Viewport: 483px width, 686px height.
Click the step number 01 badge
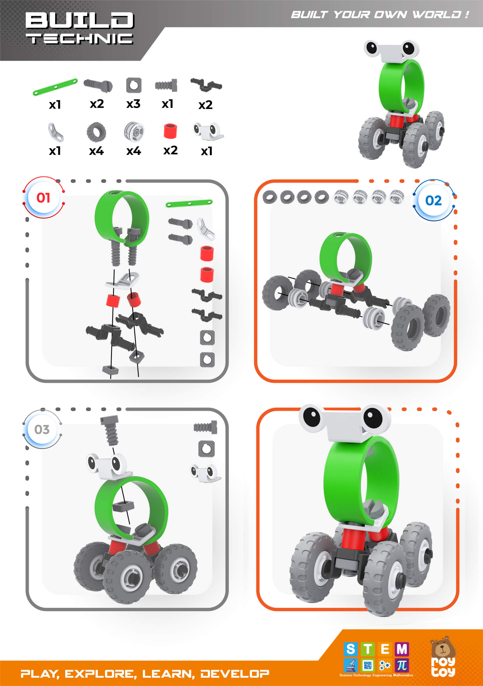coord(43,198)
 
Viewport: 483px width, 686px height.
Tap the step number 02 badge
coord(434,201)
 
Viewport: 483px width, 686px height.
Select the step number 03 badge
coord(42,430)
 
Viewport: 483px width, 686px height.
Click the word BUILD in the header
coord(79,21)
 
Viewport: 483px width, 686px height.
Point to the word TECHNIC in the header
coord(79,39)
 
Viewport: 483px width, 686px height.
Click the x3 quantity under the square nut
coord(133,104)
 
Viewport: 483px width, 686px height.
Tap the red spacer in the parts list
coord(170,131)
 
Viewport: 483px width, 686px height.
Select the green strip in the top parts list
coord(55,87)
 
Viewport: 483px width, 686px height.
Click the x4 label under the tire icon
coord(96,151)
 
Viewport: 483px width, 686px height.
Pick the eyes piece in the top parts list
coord(208,131)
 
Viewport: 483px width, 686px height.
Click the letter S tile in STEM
coord(351,649)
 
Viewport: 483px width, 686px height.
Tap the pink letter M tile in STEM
coord(402,649)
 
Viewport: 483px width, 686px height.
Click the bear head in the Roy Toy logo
coord(443,647)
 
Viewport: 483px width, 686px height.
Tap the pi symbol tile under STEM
coord(402,665)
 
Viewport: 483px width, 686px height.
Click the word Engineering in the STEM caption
coord(382,675)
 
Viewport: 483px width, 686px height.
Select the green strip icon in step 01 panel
coord(189,204)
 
